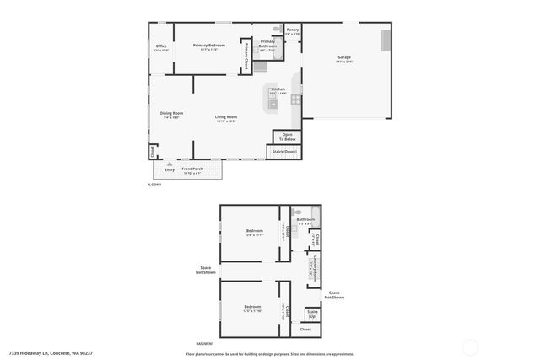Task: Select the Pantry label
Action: point(292,31)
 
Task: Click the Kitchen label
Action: point(278,90)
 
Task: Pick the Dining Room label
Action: point(172,115)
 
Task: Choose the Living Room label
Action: point(225,118)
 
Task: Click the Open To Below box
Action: point(287,137)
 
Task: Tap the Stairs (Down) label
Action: point(284,152)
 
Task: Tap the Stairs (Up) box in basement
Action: point(312,314)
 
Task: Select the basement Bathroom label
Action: point(305,221)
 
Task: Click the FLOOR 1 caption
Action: point(154,184)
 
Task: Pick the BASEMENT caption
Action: point(205,344)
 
